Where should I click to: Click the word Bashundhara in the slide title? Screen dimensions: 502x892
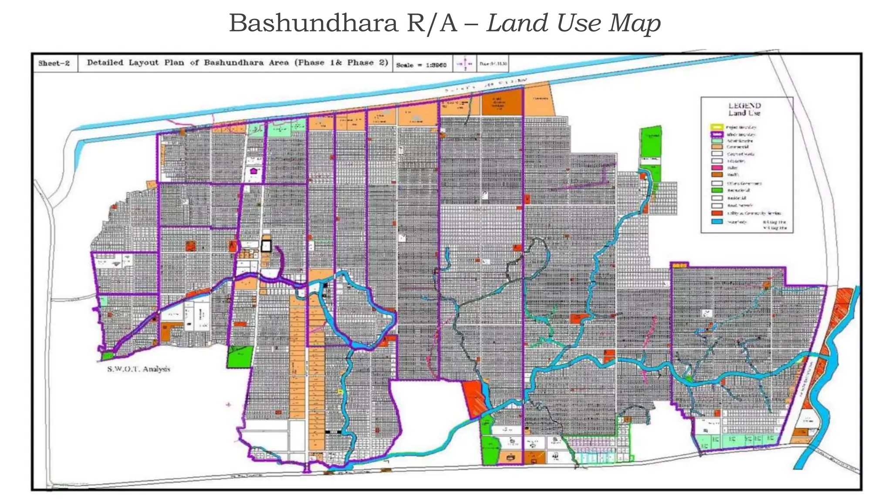pyautogui.click(x=313, y=23)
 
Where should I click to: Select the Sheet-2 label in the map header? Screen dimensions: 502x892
pyautogui.click(x=54, y=63)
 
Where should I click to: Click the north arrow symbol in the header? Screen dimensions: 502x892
pyautogui.click(x=465, y=64)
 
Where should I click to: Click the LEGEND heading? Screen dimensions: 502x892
pyautogui.click(x=744, y=105)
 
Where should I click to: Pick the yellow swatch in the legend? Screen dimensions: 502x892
pyautogui.click(x=717, y=127)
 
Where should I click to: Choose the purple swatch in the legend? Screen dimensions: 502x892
pyautogui.click(x=717, y=134)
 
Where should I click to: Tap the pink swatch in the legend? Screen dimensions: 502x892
pyautogui.click(x=717, y=167)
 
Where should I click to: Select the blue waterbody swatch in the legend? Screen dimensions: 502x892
pyautogui.click(x=717, y=222)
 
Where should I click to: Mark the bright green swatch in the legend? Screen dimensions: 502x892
pyautogui.click(x=717, y=190)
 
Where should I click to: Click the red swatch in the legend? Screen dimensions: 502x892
pyautogui.click(x=717, y=213)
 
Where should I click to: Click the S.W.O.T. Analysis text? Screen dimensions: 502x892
pyautogui.click(x=139, y=369)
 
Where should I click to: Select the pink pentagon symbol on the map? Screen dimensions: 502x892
pyautogui.click(x=253, y=171)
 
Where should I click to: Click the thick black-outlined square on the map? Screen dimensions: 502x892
pyautogui.click(x=266, y=246)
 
